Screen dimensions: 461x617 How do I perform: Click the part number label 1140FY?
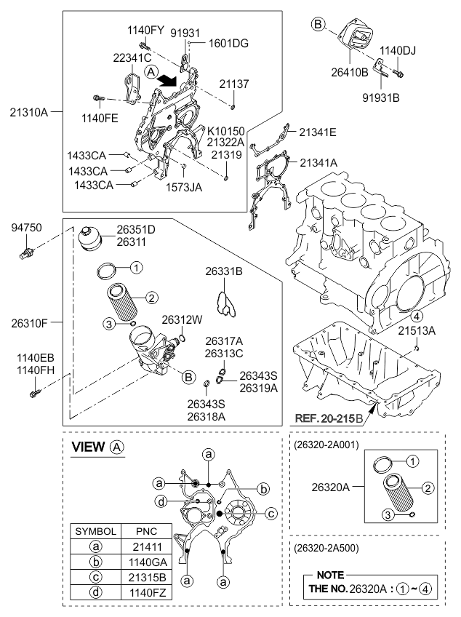pos(145,31)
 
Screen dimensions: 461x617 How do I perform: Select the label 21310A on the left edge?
pos(28,113)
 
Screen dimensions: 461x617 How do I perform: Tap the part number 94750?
pos(26,228)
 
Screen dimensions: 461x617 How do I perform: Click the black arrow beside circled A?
pos(167,80)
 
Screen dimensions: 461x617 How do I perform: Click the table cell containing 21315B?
pos(147,577)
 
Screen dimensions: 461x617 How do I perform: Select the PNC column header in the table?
pos(147,531)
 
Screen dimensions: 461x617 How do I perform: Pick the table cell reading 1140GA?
pos(147,562)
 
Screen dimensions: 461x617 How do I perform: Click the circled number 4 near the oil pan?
pos(417,316)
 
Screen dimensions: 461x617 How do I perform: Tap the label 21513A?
pos(417,331)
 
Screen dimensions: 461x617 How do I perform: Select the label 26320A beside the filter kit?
pos(330,487)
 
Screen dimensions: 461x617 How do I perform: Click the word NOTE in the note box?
pos(330,575)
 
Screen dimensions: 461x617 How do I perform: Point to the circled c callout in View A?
pos(271,514)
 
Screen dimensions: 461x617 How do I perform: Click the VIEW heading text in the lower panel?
pos(89,447)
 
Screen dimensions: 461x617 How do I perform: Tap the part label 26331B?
pos(224,271)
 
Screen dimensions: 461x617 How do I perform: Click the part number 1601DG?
pos(228,43)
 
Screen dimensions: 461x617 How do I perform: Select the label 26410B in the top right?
pos(350,73)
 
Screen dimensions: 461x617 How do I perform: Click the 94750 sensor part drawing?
pos(26,252)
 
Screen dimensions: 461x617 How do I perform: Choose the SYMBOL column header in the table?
pos(95,531)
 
